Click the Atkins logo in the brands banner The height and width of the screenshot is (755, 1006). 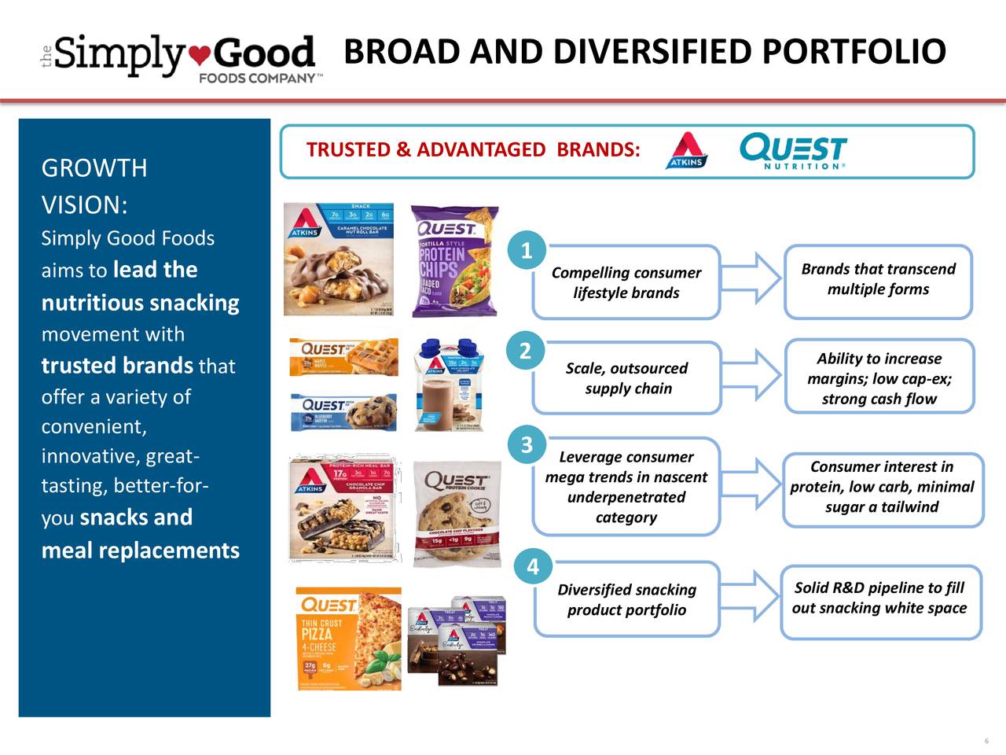tap(687, 150)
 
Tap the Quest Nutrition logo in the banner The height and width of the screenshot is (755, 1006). tap(792, 151)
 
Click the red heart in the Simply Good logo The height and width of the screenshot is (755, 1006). tap(201, 56)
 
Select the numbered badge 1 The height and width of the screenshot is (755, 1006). tap(526, 251)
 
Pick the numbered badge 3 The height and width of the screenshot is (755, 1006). tap(527, 445)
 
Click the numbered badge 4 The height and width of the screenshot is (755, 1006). tap(532, 566)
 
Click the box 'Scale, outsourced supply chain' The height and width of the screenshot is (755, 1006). tap(626, 378)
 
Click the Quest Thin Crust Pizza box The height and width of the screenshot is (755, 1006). tap(348, 639)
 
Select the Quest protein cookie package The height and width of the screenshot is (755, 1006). tap(457, 514)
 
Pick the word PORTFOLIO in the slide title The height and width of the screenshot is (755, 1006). tap(853, 52)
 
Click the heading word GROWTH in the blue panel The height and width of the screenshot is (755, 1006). tap(94, 168)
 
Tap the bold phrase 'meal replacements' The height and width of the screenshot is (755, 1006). tap(140, 550)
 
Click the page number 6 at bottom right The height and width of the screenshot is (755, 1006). tap(985, 741)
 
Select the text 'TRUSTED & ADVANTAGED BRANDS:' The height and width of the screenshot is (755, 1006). tap(472, 150)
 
